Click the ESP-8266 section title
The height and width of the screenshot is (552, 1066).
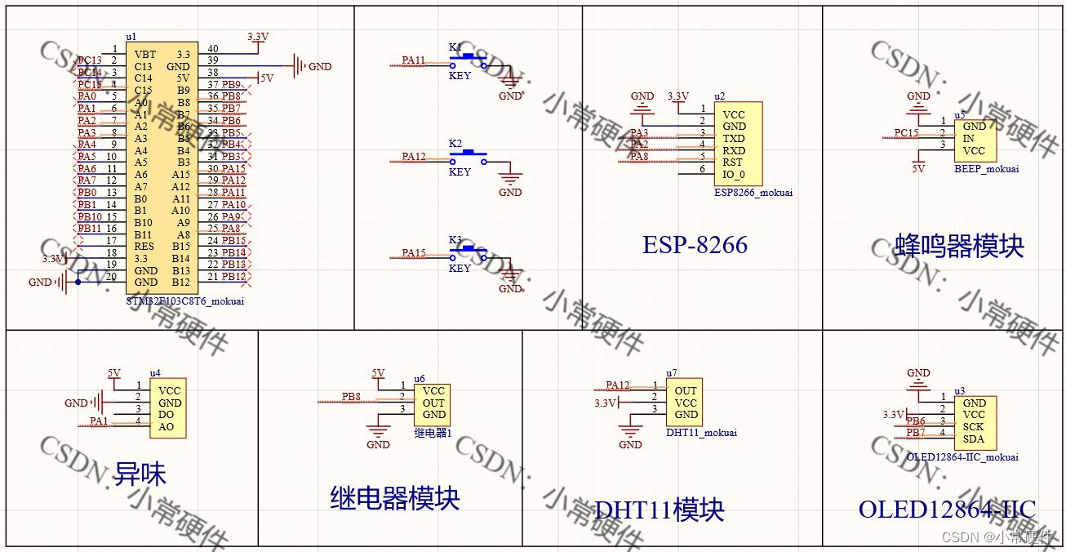click(x=695, y=245)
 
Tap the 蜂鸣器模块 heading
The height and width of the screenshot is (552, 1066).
click(x=959, y=245)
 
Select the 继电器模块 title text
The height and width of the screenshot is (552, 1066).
click(x=395, y=497)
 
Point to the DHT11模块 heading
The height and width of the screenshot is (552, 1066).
click(x=660, y=510)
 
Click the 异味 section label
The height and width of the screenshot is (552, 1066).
click(x=140, y=474)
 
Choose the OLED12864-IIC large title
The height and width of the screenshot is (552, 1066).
click(x=947, y=510)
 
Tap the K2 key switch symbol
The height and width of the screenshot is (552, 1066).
click(x=468, y=156)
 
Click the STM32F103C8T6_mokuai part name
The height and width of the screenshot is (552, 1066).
click(x=185, y=301)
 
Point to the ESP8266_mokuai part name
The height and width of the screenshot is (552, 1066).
click(x=753, y=193)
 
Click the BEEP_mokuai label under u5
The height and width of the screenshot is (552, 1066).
click(x=986, y=169)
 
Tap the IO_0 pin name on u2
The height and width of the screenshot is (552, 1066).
click(x=734, y=173)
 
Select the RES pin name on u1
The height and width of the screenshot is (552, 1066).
click(x=144, y=246)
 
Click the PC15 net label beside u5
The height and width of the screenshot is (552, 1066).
click(x=906, y=132)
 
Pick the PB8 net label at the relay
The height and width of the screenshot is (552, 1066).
click(x=351, y=397)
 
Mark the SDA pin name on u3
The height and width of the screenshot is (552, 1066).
click(x=974, y=439)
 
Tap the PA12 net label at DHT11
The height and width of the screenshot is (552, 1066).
click(x=618, y=385)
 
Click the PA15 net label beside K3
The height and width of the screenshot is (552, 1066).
click(x=414, y=253)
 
